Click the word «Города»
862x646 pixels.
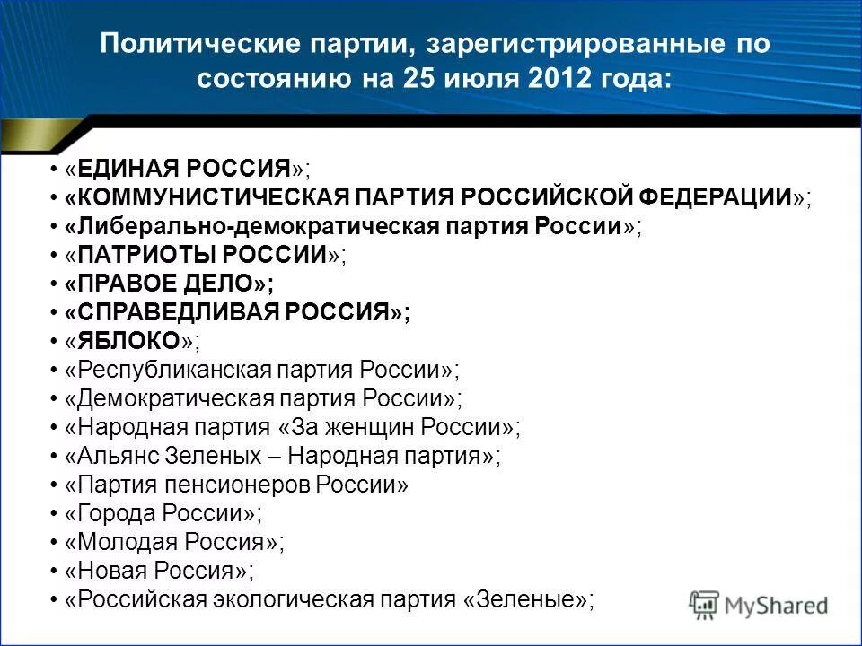110,512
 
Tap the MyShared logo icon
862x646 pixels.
704,604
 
